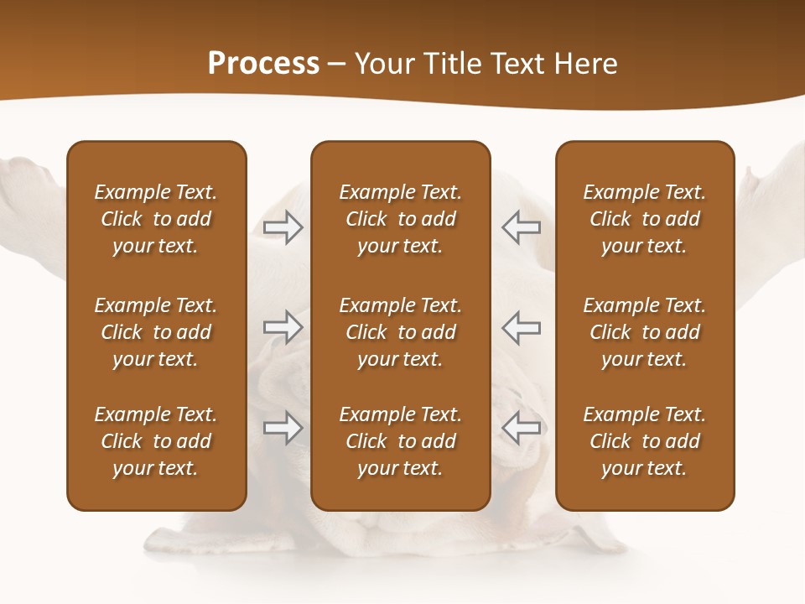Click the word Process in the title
tap(263, 64)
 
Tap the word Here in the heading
tap(584, 64)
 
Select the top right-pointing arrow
tap(283, 227)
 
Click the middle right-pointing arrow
tap(283, 327)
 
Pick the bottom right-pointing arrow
tap(283, 427)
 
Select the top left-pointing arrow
tap(521, 227)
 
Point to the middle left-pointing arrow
tap(521, 327)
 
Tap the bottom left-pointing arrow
tap(521, 427)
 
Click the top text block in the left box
tap(156, 219)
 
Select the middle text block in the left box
tap(156, 332)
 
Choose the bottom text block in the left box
tap(156, 441)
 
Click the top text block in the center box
tap(400, 219)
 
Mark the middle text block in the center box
tap(400, 332)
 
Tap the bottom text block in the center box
tap(400, 441)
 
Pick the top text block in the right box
tap(644, 219)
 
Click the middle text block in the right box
tap(644, 332)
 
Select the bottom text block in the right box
tap(644, 441)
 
